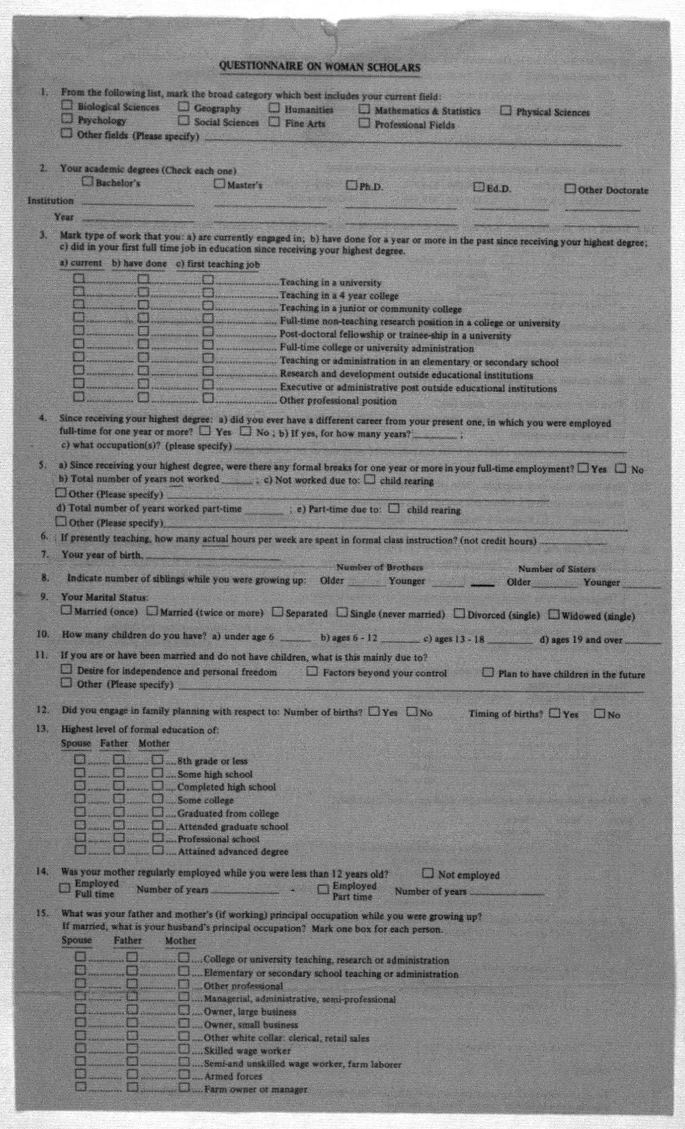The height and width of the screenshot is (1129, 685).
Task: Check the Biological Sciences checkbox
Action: tap(67, 105)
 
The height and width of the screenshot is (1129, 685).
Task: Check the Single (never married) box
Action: tap(342, 613)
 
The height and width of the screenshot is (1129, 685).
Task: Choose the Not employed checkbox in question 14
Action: tap(428, 873)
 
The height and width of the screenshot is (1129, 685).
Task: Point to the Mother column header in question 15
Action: tap(180, 941)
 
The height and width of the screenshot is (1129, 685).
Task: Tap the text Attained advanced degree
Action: tap(233, 852)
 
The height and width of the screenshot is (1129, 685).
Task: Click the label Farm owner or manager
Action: tap(255, 1090)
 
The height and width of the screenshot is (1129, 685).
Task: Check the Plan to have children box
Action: tap(489, 673)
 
